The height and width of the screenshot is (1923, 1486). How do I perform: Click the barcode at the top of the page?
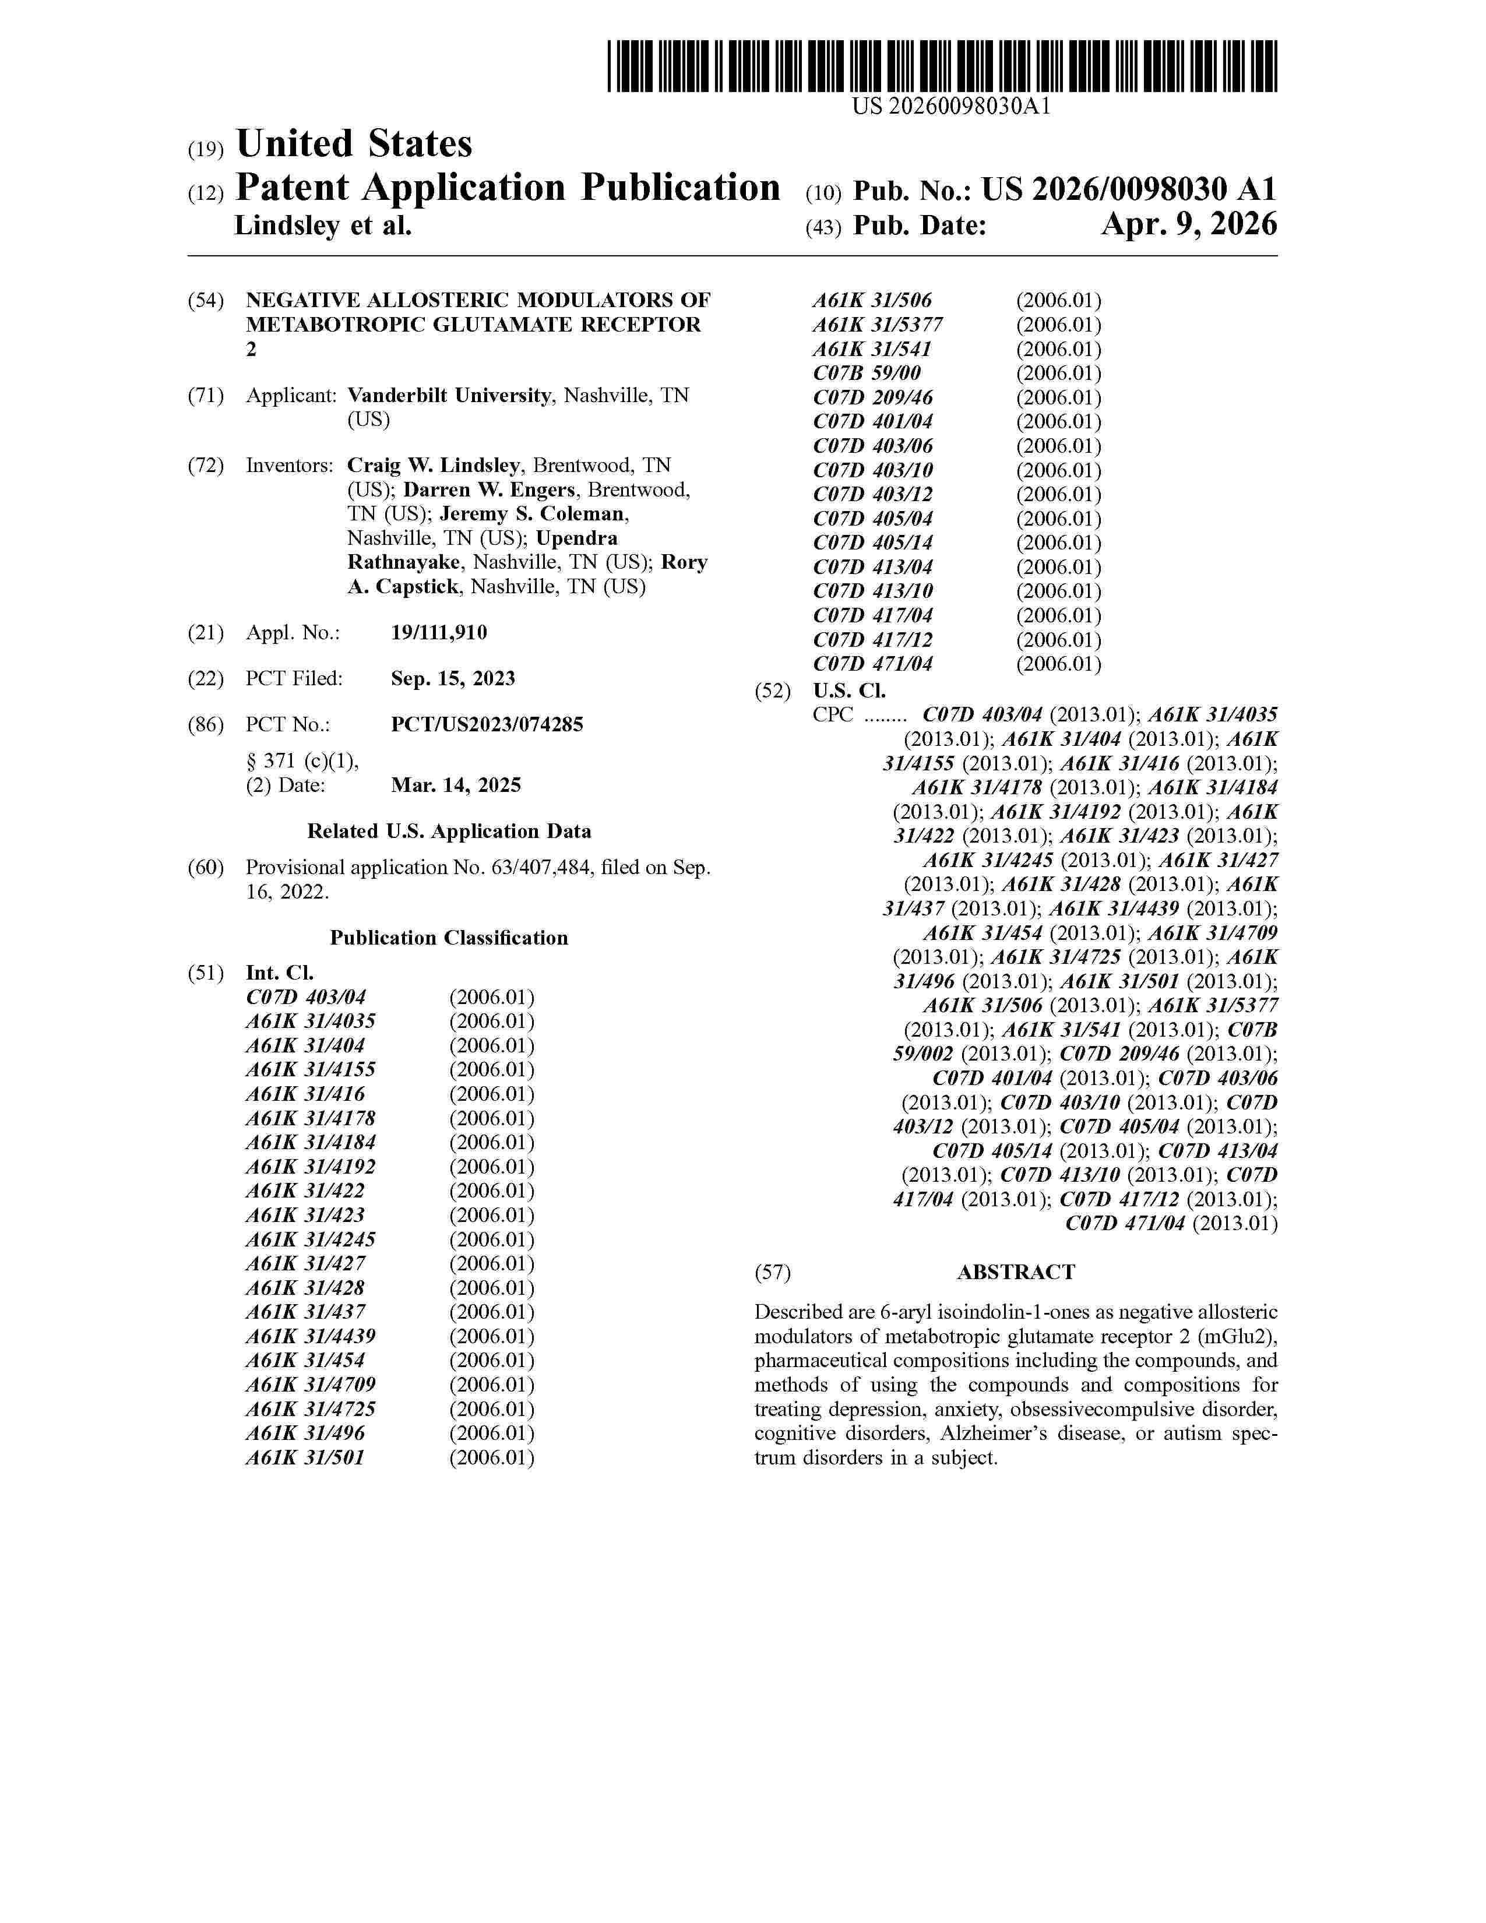[x=942, y=66]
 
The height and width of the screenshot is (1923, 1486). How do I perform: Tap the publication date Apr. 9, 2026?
[x=1188, y=226]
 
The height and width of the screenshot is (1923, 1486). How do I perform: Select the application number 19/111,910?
[x=438, y=632]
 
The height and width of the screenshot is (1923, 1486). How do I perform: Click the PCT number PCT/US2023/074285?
[x=487, y=725]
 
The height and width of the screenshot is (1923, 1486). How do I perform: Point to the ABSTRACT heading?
[x=1016, y=1272]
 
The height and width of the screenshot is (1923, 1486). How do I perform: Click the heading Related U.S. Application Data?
[x=449, y=831]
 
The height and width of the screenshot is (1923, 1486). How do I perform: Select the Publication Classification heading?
[x=449, y=938]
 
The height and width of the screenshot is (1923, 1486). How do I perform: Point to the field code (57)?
[x=772, y=1272]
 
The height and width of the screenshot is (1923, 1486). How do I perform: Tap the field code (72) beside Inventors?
[x=205, y=465]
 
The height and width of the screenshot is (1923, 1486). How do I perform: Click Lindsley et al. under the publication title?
[x=322, y=226]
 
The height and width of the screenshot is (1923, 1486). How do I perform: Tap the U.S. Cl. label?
[x=848, y=691]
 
